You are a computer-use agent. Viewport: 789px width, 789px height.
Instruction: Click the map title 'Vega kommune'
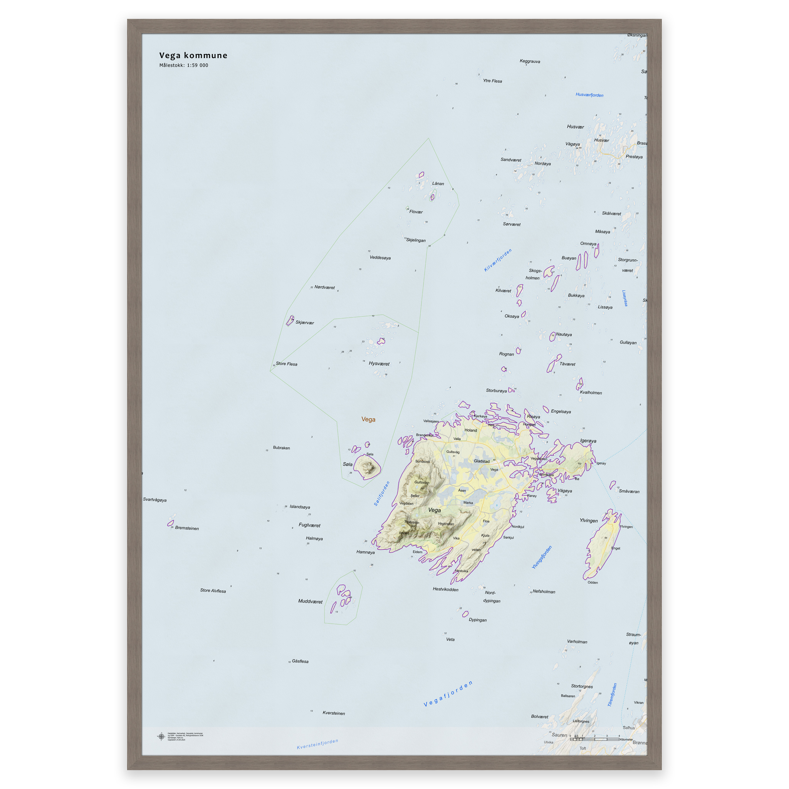tap(193, 55)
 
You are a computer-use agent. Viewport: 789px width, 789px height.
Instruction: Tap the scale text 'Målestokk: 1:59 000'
tap(184, 65)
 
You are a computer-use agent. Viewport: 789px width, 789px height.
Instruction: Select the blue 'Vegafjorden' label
tap(448, 693)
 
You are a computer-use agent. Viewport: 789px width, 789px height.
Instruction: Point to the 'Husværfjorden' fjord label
tap(589, 95)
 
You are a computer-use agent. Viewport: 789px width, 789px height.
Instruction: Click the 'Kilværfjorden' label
tap(498, 260)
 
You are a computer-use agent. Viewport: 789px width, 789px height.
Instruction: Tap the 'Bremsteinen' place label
tap(187, 528)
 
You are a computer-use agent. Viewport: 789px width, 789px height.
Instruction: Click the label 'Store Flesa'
tap(286, 364)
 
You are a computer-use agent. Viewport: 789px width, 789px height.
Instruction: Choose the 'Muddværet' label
tap(310, 601)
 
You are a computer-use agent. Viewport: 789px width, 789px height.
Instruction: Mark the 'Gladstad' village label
tap(482, 461)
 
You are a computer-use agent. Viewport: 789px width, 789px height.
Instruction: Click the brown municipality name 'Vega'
tap(368, 420)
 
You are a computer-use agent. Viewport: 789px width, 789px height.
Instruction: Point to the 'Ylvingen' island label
tap(589, 521)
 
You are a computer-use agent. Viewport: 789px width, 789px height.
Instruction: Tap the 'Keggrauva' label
tap(530, 61)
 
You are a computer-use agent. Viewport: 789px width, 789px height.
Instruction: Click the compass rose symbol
tap(161, 736)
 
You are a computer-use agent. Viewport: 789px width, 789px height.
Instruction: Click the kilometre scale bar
tap(594, 739)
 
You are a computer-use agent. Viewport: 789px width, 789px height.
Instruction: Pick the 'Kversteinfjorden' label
tap(317, 744)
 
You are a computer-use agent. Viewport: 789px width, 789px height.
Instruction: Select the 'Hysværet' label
tap(379, 364)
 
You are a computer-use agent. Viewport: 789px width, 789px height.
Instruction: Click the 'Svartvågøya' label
tap(155, 499)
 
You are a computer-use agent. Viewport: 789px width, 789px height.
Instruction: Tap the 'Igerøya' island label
tap(588, 441)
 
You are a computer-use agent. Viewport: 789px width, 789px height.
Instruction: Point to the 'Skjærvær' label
tap(305, 322)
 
